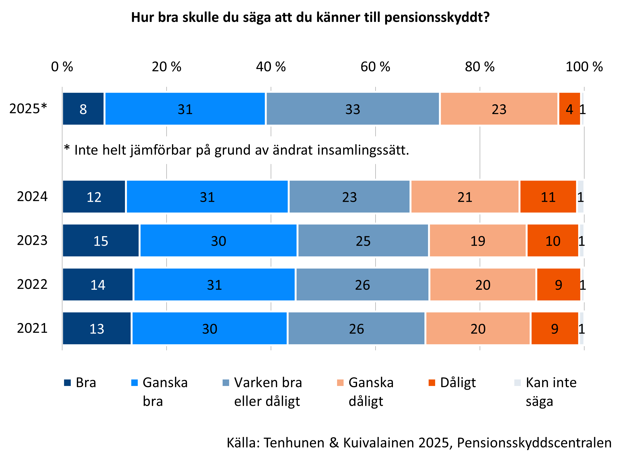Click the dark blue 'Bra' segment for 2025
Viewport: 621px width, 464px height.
point(83,109)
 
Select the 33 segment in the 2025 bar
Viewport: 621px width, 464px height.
point(353,109)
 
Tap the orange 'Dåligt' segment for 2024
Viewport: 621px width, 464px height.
point(548,197)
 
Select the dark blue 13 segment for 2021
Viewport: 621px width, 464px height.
point(97,328)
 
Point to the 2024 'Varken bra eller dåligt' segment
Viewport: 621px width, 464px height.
point(349,197)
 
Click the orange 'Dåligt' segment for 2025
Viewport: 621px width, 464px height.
point(569,109)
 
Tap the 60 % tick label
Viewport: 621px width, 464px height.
point(375,67)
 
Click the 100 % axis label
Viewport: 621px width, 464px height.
point(584,67)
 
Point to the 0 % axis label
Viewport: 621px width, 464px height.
point(62,67)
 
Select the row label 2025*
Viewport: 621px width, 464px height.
point(28,108)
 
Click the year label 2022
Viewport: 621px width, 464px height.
point(32,284)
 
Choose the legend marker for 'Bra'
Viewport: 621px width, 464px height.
point(67,383)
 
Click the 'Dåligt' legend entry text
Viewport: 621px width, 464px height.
point(458,383)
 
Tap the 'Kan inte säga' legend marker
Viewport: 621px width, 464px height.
point(517,383)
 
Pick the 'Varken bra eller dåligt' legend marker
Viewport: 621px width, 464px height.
point(226,383)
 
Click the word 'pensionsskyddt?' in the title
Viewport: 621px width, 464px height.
point(437,17)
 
